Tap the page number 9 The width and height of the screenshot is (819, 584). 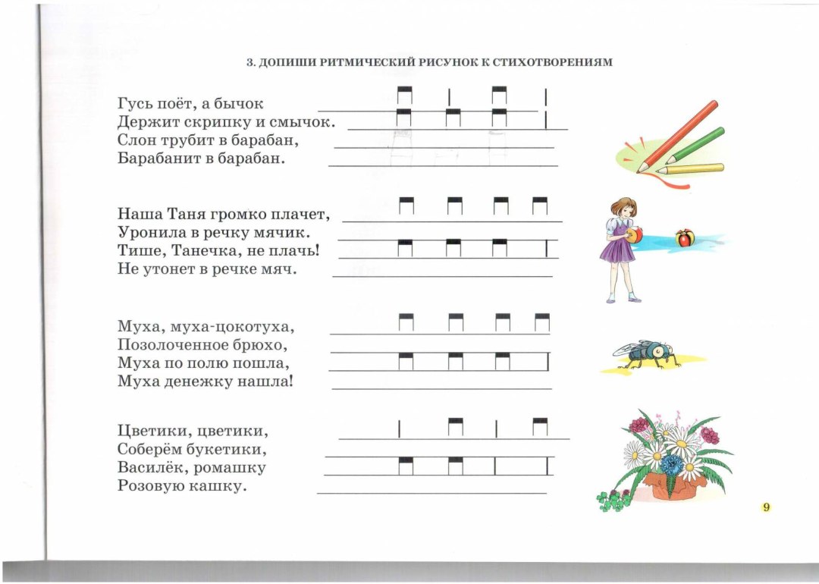(766, 507)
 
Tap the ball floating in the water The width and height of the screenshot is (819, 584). (686, 238)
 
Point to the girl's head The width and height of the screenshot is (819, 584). (623, 208)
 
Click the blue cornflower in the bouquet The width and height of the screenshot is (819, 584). (672, 464)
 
